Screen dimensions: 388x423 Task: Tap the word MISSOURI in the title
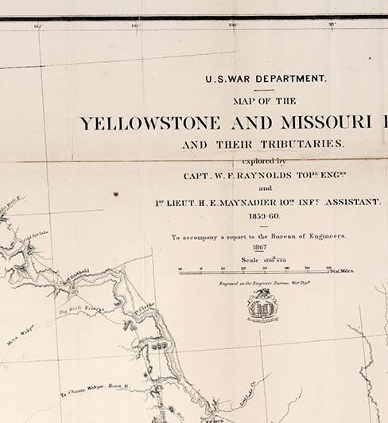click(x=327, y=124)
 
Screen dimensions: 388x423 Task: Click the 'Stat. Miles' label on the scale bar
click(x=343, y=270)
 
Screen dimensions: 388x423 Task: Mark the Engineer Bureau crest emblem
click(x=260, y=306)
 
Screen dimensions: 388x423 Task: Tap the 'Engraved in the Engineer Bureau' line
click(x=259, y=282)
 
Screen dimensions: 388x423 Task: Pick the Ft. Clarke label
click(x=145, y=303)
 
